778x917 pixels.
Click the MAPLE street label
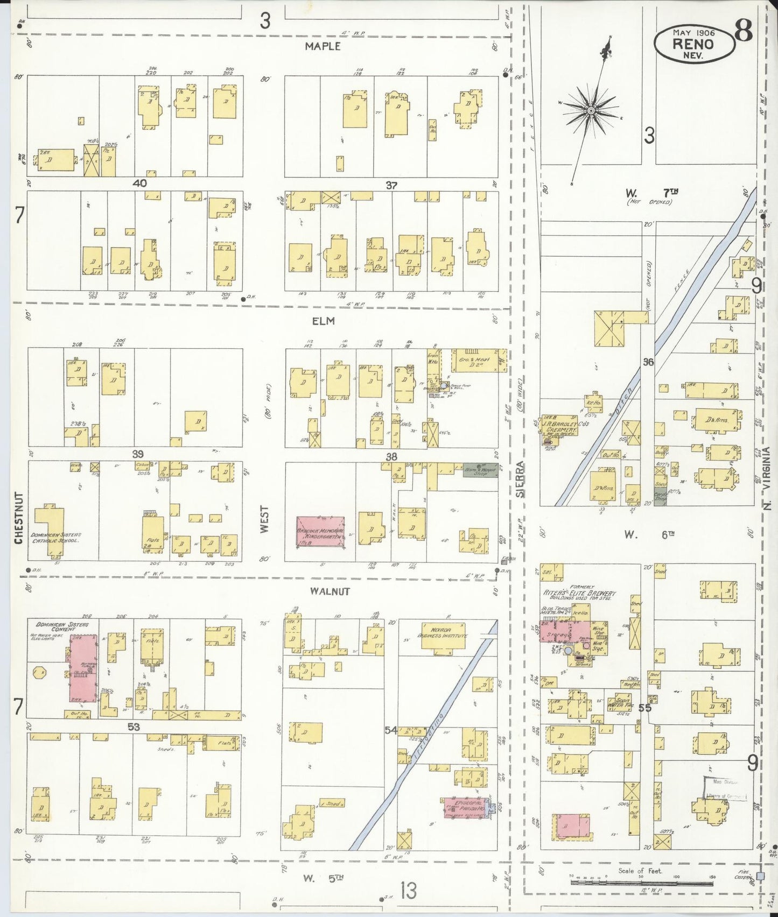tap(323, 46)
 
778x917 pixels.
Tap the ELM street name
tap(323, 321)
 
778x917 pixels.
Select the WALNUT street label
tap(330, 591)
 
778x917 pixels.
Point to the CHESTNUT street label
tap(19, 518)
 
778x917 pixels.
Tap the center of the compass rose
tap(591, 110)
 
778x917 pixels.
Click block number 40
tap(140, 184)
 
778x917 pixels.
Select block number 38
tap(391, 456)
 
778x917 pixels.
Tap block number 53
tap(134, 727)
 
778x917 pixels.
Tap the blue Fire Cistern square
tap(760, 876)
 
